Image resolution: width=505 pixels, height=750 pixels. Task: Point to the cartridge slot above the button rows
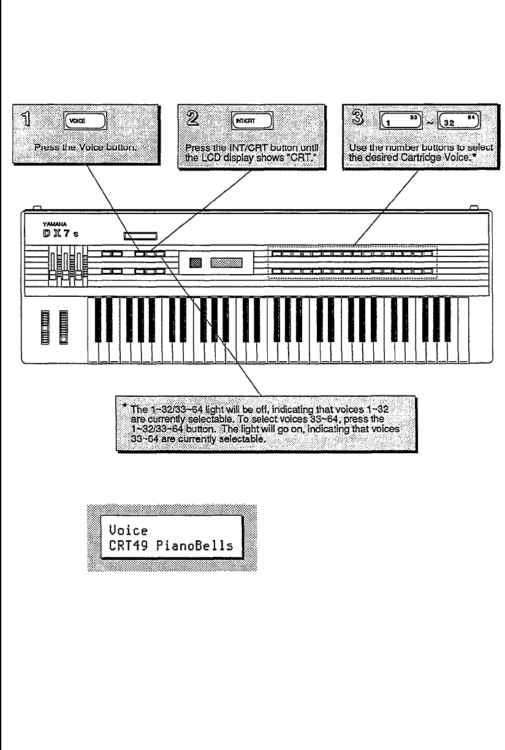point(140,235)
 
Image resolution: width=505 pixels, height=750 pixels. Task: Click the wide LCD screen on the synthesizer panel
point(227,263)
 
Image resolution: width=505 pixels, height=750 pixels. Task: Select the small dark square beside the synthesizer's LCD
point(196,263)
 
